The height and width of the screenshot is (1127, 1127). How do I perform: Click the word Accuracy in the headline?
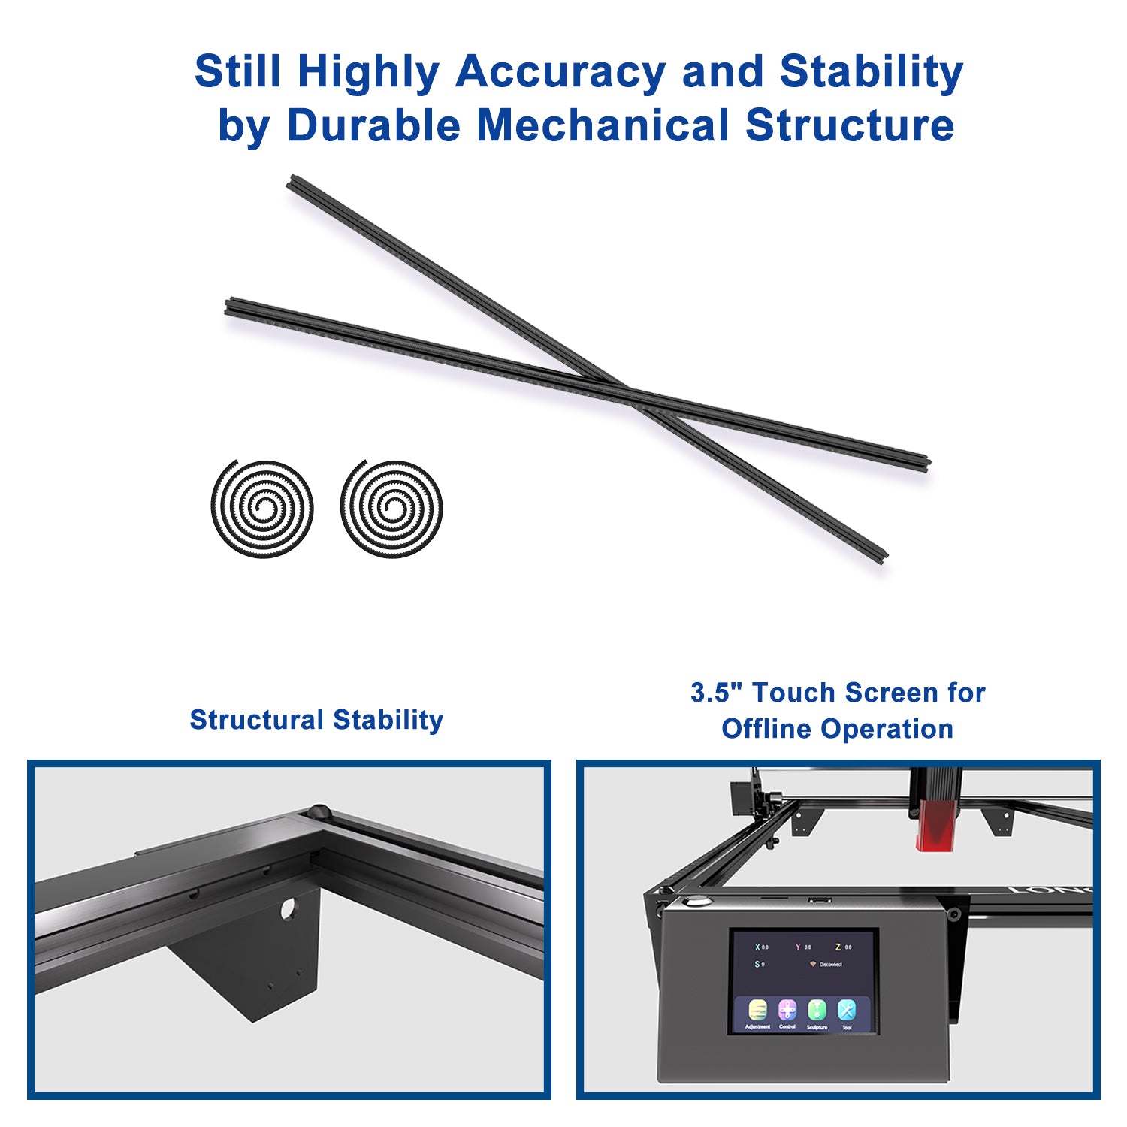click(x=560, y=73)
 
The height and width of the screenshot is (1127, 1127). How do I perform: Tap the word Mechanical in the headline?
click(x=603, y=125)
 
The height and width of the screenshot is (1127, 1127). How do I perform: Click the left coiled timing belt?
click(x=261, y=509)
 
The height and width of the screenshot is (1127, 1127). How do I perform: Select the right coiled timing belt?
click(x=391, y=509)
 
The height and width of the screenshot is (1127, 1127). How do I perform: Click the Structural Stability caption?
click(x=316, y=720)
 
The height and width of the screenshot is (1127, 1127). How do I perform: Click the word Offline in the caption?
click(x=766, y=729)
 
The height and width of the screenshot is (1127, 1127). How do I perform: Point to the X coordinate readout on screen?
click(x=761, y=947)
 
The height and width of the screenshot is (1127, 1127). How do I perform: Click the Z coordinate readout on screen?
click(x=842, y=947)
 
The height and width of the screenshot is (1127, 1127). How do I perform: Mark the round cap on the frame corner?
click(x=319, y=811)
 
